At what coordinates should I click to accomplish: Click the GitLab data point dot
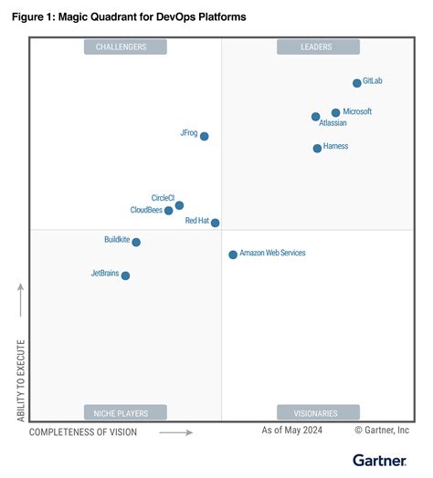pyautogui.click(x=357, y=83)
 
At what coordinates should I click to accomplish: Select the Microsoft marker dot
pyautogui.click(x=335, y=112)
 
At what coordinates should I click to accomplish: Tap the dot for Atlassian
pyautogui.click(x=316, y=117)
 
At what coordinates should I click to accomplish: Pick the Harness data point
pyautogui.click(x=317, y=148)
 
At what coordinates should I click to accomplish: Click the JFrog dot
pyautogui.click(x=204, y=136)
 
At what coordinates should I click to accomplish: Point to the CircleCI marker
pyautogui.click(x=179, y=205)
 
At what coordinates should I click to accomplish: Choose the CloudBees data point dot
pyautogui.click(x=169, y=211)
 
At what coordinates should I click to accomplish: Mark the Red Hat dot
pyautogui.click(x=215, y=223)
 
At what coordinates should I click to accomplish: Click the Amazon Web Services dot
pyautogui.click(x=233, y=255)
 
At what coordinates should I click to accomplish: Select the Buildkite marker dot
pyautogui.click(x=136, y=242)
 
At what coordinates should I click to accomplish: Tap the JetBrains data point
pyautogui.click(x=125, y=275)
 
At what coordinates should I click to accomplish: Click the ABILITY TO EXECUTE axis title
pyautogui.click(x=20, y=380)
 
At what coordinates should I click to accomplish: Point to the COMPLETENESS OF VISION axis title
pyautogui.click(x=83, y=432)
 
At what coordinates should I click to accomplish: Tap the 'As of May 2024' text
pyautogui.click(x=293, y=430)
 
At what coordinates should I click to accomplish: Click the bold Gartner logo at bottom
pyautogui.click(x=381, y=459)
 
